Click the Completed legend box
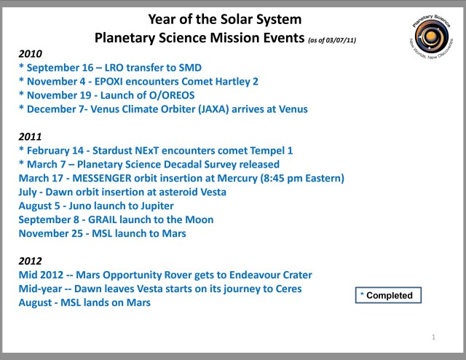[x=390, y=295]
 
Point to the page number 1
[x=433, y=337]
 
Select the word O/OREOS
[x=171, y=95]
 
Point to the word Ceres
[x=285, y=289]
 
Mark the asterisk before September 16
[x=21, y=68]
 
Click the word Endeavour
[x=245, y=275]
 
